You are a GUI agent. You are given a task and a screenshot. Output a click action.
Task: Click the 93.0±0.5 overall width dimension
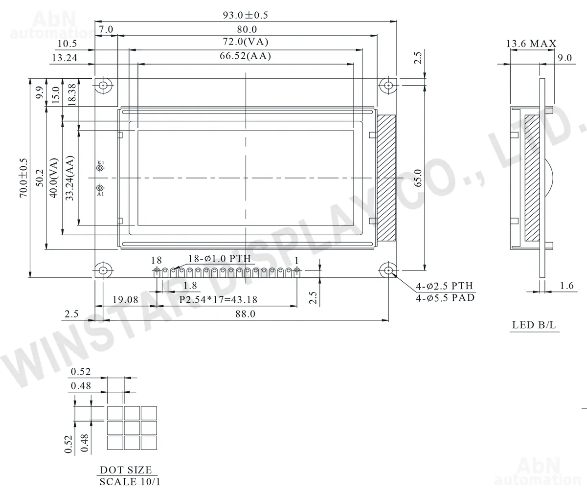pos(246,15)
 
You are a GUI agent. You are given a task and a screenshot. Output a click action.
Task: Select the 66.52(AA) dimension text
pos(245,56)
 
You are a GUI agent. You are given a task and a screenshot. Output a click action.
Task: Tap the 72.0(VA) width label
pos(246,42)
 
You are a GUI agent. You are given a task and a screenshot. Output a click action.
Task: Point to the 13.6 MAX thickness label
pos(531,44)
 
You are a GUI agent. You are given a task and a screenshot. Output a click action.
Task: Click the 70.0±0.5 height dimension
pos(23,178)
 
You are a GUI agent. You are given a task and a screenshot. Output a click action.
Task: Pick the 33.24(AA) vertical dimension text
pos(69,178)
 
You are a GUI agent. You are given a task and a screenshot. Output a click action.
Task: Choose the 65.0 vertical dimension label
pos(418,178)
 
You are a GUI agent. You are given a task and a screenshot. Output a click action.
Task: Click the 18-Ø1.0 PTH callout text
pos(219,258)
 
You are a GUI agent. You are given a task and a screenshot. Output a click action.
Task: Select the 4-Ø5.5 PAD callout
pos(445,298)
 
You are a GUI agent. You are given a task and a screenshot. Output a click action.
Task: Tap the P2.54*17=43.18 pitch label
pos(218,300)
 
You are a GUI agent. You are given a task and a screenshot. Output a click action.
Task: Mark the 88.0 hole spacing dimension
pos(245,314)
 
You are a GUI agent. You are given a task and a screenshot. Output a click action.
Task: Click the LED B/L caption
pos(534,325)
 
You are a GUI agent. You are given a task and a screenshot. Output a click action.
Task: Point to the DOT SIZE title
pos(126,470)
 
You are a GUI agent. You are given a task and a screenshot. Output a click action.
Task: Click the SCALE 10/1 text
pos(130,482)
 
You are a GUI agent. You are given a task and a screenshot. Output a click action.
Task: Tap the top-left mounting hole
pos(103,85)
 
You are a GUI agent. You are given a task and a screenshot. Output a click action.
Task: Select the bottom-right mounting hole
pos(388,270)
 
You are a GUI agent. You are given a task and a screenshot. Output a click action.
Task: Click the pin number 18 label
pos(157,260)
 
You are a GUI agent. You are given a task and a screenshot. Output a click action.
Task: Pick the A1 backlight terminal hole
pos(100,188)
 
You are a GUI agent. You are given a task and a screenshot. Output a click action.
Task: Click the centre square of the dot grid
pos(132,427)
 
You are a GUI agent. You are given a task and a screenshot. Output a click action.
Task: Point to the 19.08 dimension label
pos(125,300)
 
